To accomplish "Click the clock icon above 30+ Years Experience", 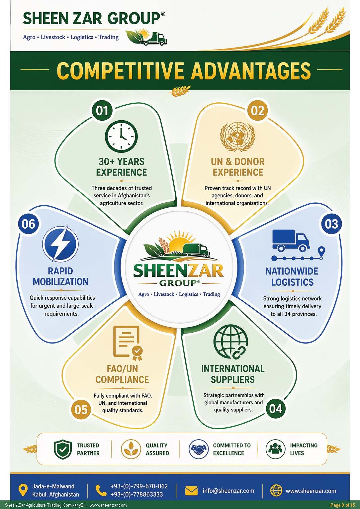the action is (x=121, y=136).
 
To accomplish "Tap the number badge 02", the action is (x=257, y=111).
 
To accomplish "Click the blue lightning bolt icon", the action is (x=60, y=243).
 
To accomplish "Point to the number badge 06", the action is (x=28, y=224).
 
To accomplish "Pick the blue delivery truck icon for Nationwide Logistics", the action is (x=291, y=241).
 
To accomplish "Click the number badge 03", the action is (x=331, y=224).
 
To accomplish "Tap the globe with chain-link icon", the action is (x=230, y=342).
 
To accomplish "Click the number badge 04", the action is (x=276, y=409).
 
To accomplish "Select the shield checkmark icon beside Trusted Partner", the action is (x=63, y=449).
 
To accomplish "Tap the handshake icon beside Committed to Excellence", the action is (x=198, y=449).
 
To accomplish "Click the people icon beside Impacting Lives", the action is (x=275, y=449).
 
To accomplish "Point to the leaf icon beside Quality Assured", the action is (x=131, y=449).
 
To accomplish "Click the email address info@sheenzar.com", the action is (x=228, y=491).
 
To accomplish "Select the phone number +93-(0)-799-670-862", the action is (x=139, y=486).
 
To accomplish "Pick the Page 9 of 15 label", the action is (x=342, y=505).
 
